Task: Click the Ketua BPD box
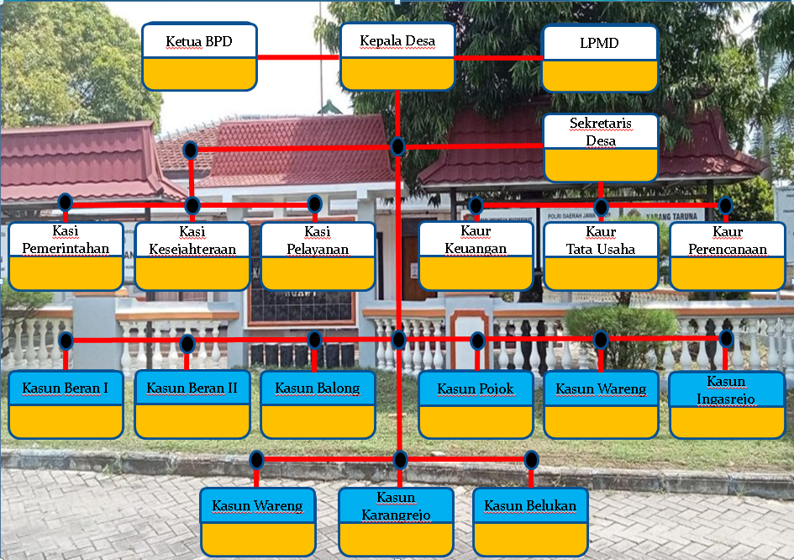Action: click(199, 56)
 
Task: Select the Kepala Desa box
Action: click(397, 56)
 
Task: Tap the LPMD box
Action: click(599, 57)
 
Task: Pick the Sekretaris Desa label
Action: click(600, 131)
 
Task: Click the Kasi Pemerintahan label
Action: click(66, 240)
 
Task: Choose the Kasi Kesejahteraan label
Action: click(192, 240)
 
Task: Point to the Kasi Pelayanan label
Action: click(318, 240)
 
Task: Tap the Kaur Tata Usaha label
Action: click(601, 240)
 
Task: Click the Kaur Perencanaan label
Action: click(727, 240)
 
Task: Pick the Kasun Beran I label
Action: click(66, 388)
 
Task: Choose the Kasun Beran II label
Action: click(192, 388)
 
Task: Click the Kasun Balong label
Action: click(318, 388)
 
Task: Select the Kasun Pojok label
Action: click(476, 389)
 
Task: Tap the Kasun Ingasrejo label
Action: click(727, 389)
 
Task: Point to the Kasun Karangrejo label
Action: click(397, 506)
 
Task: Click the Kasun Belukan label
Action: click(530, 506)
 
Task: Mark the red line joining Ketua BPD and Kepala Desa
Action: click(298, 57)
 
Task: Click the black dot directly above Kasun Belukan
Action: click(531, 460)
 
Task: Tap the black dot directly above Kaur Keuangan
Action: click(476, 205)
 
